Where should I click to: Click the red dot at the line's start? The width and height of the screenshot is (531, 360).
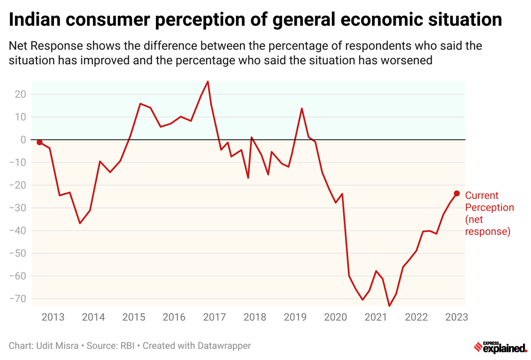(x=39, y=142)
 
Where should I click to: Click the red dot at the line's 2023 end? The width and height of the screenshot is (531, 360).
(x=457, y=194)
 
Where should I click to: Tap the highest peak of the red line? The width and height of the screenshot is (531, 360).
(x=208, y=81)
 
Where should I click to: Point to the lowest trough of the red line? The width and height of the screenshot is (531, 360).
(x=389, y=306)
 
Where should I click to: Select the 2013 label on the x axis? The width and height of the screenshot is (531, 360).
(x=53, y=317)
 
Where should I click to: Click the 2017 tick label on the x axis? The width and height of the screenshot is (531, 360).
(x=215, y=317)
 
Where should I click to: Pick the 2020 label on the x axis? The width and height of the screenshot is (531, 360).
(x=336, y=317)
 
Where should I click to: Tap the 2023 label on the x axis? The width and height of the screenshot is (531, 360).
(x=457, y=317)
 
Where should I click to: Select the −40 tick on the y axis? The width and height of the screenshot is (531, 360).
(x=18, y=231)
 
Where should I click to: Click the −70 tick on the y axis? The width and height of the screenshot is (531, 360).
(x=18, y=299)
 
